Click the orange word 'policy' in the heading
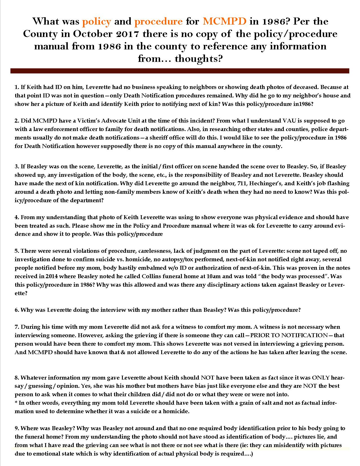[x=96, y=21]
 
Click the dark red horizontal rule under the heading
[x=180, y=71]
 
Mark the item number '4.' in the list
[x=17, y=217]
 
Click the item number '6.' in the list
[x=17, y=310]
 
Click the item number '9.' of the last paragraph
[x=17, y=428]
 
